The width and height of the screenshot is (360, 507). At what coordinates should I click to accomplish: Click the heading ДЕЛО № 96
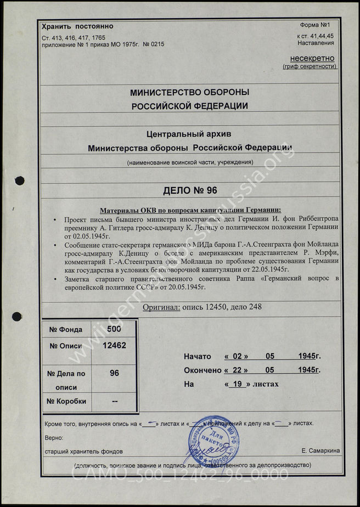pos(190,190)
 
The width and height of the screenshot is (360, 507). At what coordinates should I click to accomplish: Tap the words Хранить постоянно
pos(77,26)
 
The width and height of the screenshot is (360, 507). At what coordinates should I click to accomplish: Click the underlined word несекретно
pos(312,58)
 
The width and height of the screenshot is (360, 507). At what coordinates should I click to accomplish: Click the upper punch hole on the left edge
pos(20,180)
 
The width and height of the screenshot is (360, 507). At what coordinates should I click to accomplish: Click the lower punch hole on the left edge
pos(17,316)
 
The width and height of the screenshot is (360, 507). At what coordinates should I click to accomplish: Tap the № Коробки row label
pos(67,401)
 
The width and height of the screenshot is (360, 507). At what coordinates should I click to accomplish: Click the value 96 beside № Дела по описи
pos(114,373)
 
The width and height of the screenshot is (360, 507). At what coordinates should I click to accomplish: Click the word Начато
pos(198,356)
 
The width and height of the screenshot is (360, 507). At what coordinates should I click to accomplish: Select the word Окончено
pos(203,370)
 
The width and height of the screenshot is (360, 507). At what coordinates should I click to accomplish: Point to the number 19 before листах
pos(238,384)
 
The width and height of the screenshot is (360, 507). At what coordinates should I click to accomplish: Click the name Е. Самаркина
pos(320,450)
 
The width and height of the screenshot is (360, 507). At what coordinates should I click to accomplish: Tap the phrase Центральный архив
pos(190,133)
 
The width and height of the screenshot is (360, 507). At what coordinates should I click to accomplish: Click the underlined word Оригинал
pos(161,307)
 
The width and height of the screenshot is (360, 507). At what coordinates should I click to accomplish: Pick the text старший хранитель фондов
pos(82,450)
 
